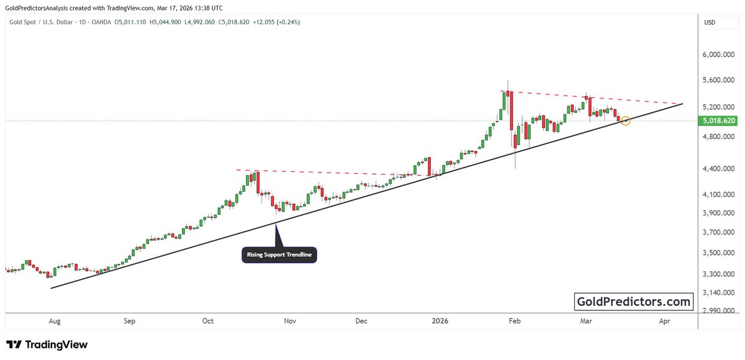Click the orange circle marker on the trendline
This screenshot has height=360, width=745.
coord(626,120)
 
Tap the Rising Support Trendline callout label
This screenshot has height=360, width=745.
coord(279,255)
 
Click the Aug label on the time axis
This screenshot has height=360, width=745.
coord(55,321)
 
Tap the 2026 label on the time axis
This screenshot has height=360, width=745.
coord(440,321)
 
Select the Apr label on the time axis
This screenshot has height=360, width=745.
coord(665,321)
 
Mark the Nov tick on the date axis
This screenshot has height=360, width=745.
coord(289,321)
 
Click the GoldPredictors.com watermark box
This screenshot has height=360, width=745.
coord(634,302)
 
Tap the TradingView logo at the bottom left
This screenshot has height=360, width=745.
coord(47,344)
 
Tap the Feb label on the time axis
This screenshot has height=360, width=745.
coord(514,321)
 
